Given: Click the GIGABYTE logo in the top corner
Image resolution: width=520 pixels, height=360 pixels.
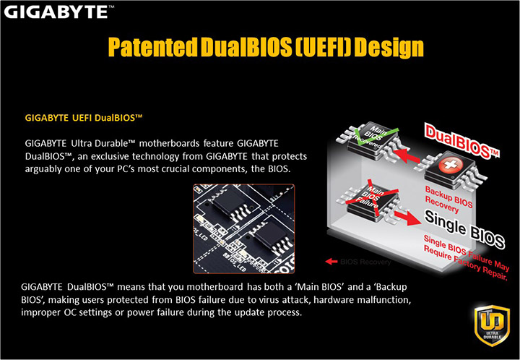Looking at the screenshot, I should click(x=57, y=11).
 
